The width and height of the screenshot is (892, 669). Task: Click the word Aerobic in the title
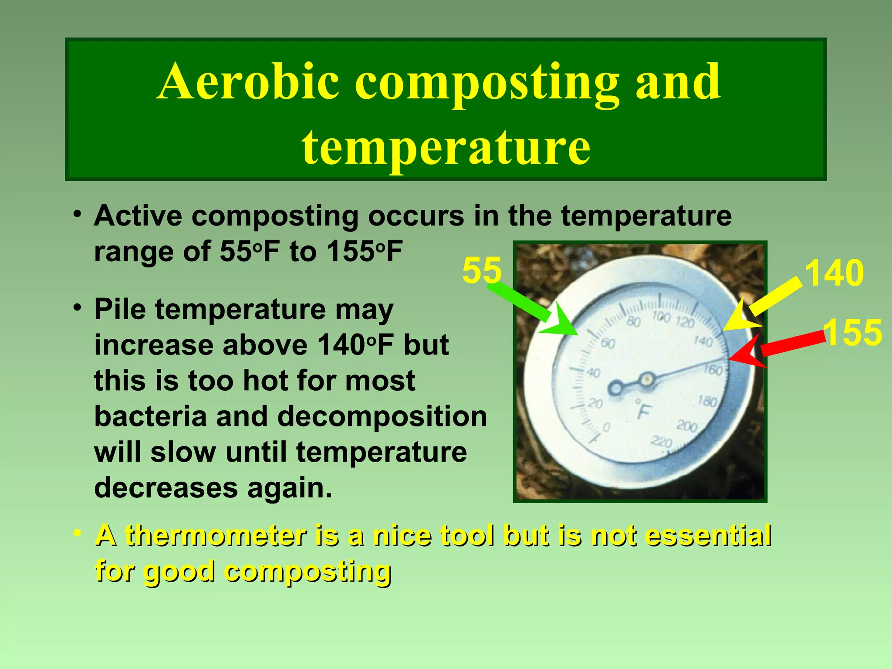[x=248, y=82]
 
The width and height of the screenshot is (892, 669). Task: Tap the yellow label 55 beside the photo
[x=482, y=270]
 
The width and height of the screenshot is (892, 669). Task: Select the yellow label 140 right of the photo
[x=834, y=273]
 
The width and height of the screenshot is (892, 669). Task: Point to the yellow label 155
[x=853, y=333]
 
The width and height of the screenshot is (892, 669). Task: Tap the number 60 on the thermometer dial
[x=608, y=344]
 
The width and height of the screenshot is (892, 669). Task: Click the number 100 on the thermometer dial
[x=661, y=317]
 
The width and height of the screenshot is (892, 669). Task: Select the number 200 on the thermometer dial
[x=687, y=426]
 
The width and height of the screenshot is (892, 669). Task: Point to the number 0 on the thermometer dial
[x=606, y=427]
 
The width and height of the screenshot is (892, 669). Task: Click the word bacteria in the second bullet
[x=150, y=416]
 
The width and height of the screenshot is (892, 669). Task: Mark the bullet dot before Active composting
[x=78, y=215]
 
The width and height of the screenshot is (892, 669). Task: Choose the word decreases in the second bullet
[x=166, y=488]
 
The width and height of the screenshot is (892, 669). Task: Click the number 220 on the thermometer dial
[x=662, y=442]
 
